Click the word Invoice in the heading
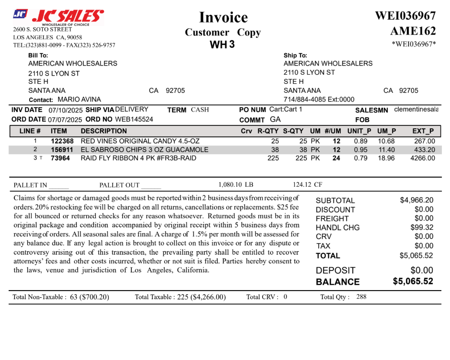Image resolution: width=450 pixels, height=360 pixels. click(x=223, y=18)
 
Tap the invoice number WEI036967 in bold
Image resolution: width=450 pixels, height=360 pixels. click(x=405, y=15)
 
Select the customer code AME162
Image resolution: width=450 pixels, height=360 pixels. click(x=413, y=31)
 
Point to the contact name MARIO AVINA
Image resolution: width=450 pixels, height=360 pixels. click(x=79, y=100)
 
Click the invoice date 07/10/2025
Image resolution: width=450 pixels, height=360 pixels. click(x=66, y=110)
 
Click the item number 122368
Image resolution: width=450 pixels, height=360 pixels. click(x=62, y=141)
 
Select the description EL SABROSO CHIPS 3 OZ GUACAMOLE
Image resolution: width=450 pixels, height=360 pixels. click(x=144, y=150)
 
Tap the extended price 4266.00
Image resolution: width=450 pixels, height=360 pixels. click(x=423, y=158)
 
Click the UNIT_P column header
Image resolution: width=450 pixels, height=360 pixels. click(x=359, y=131)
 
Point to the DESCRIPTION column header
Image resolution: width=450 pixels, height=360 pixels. click(x=104, y=131)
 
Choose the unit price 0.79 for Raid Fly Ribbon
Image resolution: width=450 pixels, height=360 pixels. click(x=360, y=158)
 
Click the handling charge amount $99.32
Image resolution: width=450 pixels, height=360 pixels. click(x=422, y=228)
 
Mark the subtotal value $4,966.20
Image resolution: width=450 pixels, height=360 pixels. click(x=416, y=200)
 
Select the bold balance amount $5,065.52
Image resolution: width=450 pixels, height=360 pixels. click(x=413, y=281)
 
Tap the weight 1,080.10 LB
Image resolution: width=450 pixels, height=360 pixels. click(x=235, y=184)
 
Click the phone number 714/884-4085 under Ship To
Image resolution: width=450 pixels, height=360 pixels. click(x=304, y=100)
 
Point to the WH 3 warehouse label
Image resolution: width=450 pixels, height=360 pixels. click(x=222, y=45)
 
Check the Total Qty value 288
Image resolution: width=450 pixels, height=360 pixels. click(x=361, y=297)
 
